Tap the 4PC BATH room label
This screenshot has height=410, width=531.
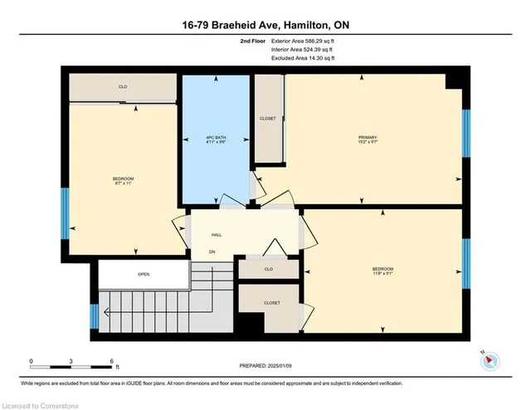215,137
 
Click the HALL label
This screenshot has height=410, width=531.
217,235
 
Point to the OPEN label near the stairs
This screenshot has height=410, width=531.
144,274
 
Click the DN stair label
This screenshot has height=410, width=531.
212,251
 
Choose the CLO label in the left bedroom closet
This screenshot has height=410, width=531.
123,86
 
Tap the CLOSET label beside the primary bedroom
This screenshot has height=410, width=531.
267,119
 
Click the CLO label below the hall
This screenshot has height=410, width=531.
268,269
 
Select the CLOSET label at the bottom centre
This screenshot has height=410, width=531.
270,304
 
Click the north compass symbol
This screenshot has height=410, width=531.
490,359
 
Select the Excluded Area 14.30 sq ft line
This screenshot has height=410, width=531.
303,58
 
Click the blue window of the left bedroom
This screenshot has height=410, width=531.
66,212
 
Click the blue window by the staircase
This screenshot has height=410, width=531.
95,316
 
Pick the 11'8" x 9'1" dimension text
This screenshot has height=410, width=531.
382,274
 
